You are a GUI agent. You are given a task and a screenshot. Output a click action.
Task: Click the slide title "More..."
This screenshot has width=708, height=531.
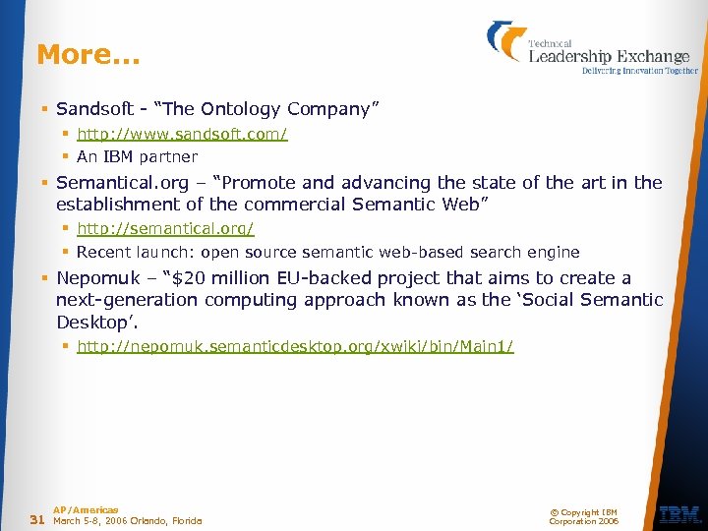click(88, 55)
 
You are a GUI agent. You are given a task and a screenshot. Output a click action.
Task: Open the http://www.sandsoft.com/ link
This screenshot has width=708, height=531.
click(182, 134)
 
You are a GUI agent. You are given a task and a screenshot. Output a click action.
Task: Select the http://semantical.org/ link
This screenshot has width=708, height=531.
click(165, 228)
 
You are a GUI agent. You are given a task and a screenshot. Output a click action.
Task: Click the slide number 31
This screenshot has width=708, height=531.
click(38, 519)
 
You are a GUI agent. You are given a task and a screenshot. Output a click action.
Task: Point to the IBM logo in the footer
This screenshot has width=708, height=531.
click(679, 514)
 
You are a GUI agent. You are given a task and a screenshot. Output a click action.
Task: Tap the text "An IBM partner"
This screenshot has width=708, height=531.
click(137, 157)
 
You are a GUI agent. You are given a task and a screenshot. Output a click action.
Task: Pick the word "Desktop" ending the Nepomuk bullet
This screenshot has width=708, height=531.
click(94, 322)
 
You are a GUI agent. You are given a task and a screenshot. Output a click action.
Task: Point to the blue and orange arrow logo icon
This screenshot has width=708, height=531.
click(506, 41)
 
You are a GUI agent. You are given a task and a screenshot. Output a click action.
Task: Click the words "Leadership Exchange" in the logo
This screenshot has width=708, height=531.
click(609, 56)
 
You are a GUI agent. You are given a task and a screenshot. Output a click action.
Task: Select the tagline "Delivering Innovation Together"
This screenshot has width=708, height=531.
click(640, 71)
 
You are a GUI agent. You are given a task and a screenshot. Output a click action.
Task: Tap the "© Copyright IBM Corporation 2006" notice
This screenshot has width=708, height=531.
click(583, 516)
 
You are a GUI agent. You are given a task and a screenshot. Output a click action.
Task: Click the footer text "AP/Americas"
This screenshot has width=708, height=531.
click(86, 509)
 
